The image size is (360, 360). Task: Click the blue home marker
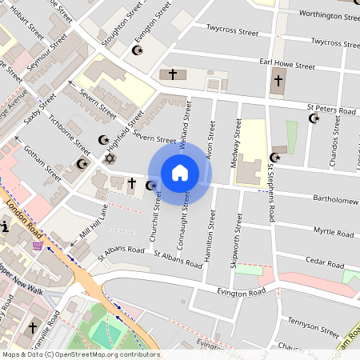pyautogui.click(x=180, y=172)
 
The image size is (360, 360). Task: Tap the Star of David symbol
pyautogui.click(x=110, y=158)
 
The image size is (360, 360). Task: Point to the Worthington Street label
pyautogui.click(x=325, y=14)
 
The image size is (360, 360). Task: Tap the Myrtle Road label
pyautogui.click(x=333, y=233)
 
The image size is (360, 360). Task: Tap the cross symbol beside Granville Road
pyautogui.click(x=33, y=327)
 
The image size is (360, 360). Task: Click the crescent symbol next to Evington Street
pyautogui.click(x=137, y=50)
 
